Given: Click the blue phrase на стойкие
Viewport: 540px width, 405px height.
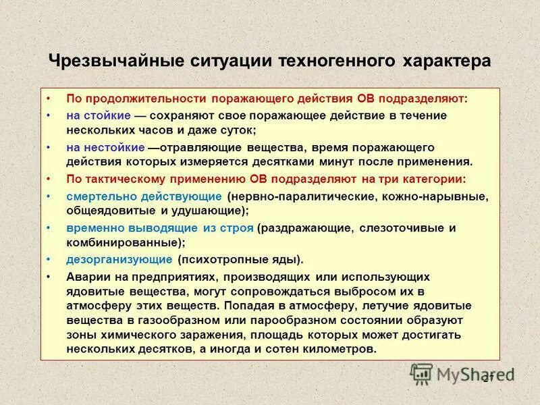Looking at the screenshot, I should (98, 115).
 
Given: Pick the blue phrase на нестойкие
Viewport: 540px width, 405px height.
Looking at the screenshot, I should (105, 147).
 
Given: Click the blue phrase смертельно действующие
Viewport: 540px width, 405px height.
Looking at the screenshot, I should (144, 196).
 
